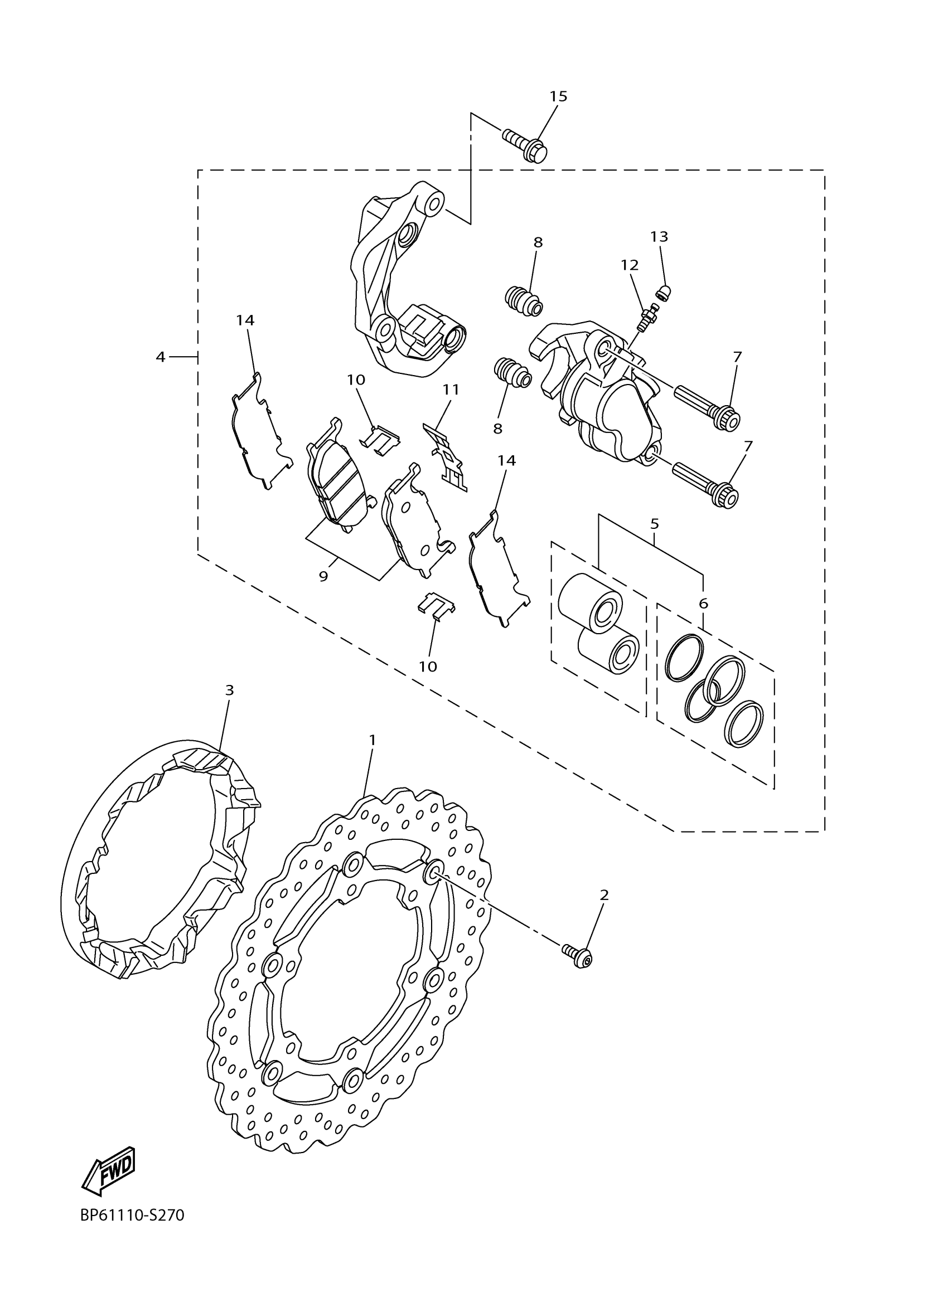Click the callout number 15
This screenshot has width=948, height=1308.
coord(558,96)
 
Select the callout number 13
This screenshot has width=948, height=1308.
coord(659,236)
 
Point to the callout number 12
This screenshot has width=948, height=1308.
coord(630,265)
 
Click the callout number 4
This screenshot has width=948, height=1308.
coord(161,357)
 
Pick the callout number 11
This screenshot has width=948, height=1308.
coord(451,390)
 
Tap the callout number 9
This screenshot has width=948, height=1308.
coord(323,576)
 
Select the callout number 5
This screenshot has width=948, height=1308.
coord(654,524)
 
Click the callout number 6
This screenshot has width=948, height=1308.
coord(703,604)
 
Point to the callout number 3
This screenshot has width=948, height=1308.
coord(230,690)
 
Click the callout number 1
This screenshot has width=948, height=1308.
coord(373,740)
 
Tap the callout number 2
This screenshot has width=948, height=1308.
coord(604,895)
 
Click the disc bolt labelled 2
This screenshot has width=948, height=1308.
coord(578,956)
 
